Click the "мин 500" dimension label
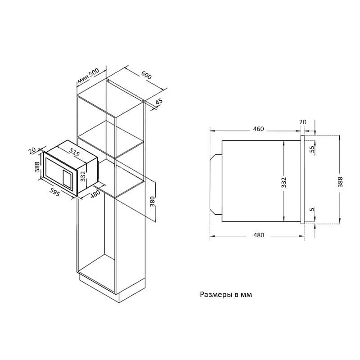pos(88,76)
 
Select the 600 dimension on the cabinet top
pos(146,75)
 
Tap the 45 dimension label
pos(159,102)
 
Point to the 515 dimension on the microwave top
pos(74,152)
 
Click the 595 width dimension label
pos(54,193)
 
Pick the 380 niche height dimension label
pos(153,202)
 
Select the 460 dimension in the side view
pos(258,129)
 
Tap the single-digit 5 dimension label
pos(312,209)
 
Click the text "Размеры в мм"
pos(226,295)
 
